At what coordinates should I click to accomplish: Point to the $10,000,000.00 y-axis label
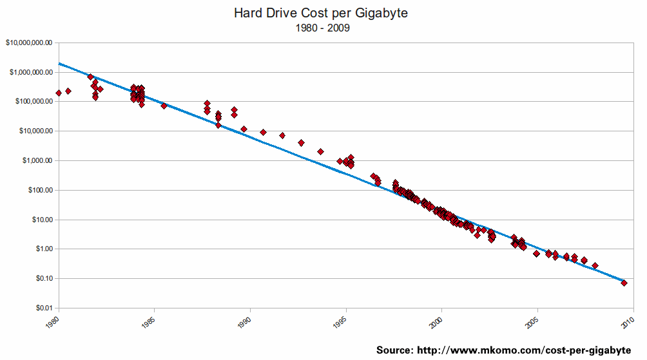(x=29, y=43)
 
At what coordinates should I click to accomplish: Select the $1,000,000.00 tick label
(x=31, y=72)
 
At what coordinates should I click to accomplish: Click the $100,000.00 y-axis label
(x=33, y=102)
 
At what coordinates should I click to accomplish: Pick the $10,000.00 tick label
(x=35, y=131)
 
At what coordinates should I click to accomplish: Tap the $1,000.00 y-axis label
(x=37, y=160)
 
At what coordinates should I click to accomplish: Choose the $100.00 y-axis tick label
(x=40, y=190)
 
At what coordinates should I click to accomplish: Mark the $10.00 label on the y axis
(x=42, y=220)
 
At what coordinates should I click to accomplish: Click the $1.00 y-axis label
(x=44, y=249)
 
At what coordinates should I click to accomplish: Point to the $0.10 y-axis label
(x=44, y=278)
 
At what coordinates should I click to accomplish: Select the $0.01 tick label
(x=44, y=308)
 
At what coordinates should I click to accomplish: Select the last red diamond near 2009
(x=624, y=283)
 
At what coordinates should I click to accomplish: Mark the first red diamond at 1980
(x=59, y=93)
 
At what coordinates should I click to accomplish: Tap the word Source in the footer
(x=395, y=350)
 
